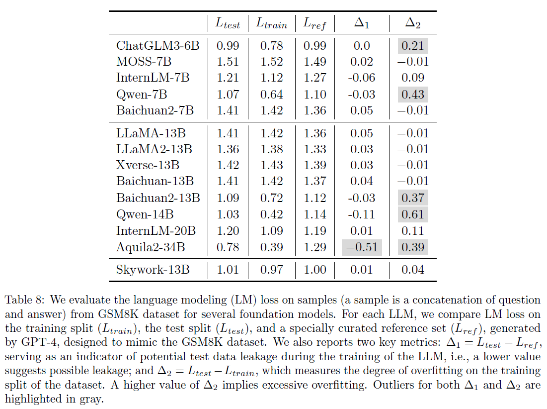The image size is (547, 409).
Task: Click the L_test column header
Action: point(227,23)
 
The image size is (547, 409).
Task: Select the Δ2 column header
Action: point(412,22)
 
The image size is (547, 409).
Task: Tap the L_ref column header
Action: point(314,23)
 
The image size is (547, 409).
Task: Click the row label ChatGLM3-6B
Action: point(157,46)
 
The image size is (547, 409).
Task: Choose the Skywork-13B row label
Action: point(153,270)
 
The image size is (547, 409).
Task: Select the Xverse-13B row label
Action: point(148,165)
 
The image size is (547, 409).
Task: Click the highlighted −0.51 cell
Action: point(362,247)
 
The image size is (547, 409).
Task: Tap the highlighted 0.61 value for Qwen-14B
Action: point(412,214)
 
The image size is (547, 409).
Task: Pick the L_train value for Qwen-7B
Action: point(271,95)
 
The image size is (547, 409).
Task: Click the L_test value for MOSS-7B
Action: point(227,62)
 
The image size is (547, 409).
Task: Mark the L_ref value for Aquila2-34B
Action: point(314,247)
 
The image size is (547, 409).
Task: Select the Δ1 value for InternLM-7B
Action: point(362,78)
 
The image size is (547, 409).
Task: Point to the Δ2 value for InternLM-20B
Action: point(412,231)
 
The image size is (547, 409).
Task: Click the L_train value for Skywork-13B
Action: point(271,270)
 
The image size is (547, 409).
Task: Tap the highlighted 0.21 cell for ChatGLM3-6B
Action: point(412,46)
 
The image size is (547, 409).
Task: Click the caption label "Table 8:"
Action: point(24,301)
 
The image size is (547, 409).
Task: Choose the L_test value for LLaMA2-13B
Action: point(227,149)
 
